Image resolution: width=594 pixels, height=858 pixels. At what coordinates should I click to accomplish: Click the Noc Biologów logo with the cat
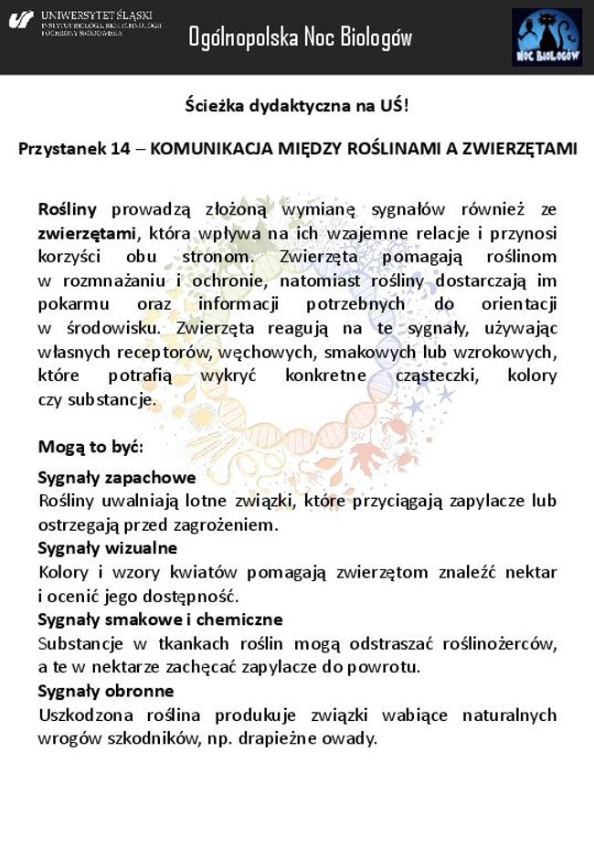click(546, 37)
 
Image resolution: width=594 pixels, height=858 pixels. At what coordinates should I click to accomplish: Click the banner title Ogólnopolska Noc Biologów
click(300, 37)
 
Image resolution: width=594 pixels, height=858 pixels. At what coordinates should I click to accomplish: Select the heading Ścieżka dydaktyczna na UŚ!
click(297, 105)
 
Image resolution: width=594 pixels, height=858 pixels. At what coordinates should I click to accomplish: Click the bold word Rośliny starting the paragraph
click(67, 209)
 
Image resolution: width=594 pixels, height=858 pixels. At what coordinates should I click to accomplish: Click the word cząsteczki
click(451, 376)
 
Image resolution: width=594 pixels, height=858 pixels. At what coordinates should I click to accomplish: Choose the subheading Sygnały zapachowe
click(117, 477)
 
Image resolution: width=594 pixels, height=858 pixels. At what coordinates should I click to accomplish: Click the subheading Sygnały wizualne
click(107, 548)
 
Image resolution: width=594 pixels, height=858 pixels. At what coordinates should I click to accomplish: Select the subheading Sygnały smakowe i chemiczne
click(160, 620)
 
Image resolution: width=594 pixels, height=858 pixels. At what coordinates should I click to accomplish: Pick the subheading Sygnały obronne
click(105, 691)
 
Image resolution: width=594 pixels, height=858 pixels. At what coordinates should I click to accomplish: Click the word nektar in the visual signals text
click(530, 572)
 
